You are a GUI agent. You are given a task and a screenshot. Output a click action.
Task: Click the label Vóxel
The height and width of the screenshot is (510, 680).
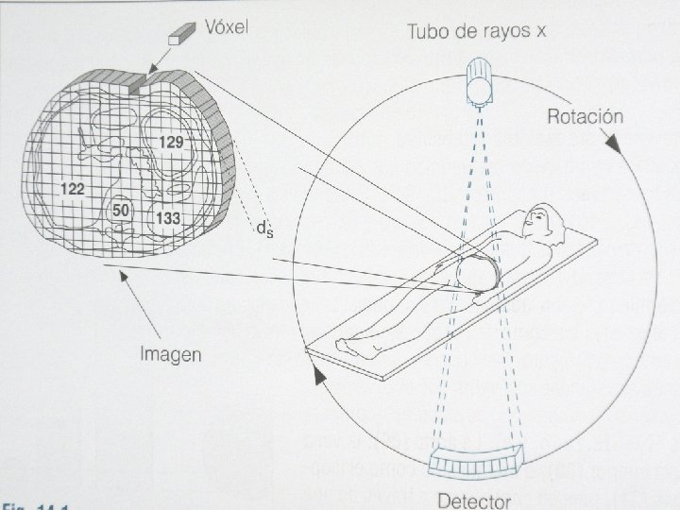228,27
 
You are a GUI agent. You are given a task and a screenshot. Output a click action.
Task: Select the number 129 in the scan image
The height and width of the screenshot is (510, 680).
171,143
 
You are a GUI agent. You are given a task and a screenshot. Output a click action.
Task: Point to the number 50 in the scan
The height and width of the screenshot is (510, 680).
121,209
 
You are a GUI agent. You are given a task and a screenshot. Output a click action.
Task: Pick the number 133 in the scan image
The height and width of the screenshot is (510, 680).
169,219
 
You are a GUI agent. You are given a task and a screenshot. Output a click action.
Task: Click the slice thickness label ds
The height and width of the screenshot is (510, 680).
264,228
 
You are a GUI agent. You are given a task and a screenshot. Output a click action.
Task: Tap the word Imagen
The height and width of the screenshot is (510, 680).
171,354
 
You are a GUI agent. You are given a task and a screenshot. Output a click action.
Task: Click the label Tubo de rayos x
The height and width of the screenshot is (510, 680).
477,31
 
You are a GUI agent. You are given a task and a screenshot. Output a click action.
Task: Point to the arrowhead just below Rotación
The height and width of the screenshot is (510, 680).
613,144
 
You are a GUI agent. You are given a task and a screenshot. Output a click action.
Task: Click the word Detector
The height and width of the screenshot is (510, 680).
474,499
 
